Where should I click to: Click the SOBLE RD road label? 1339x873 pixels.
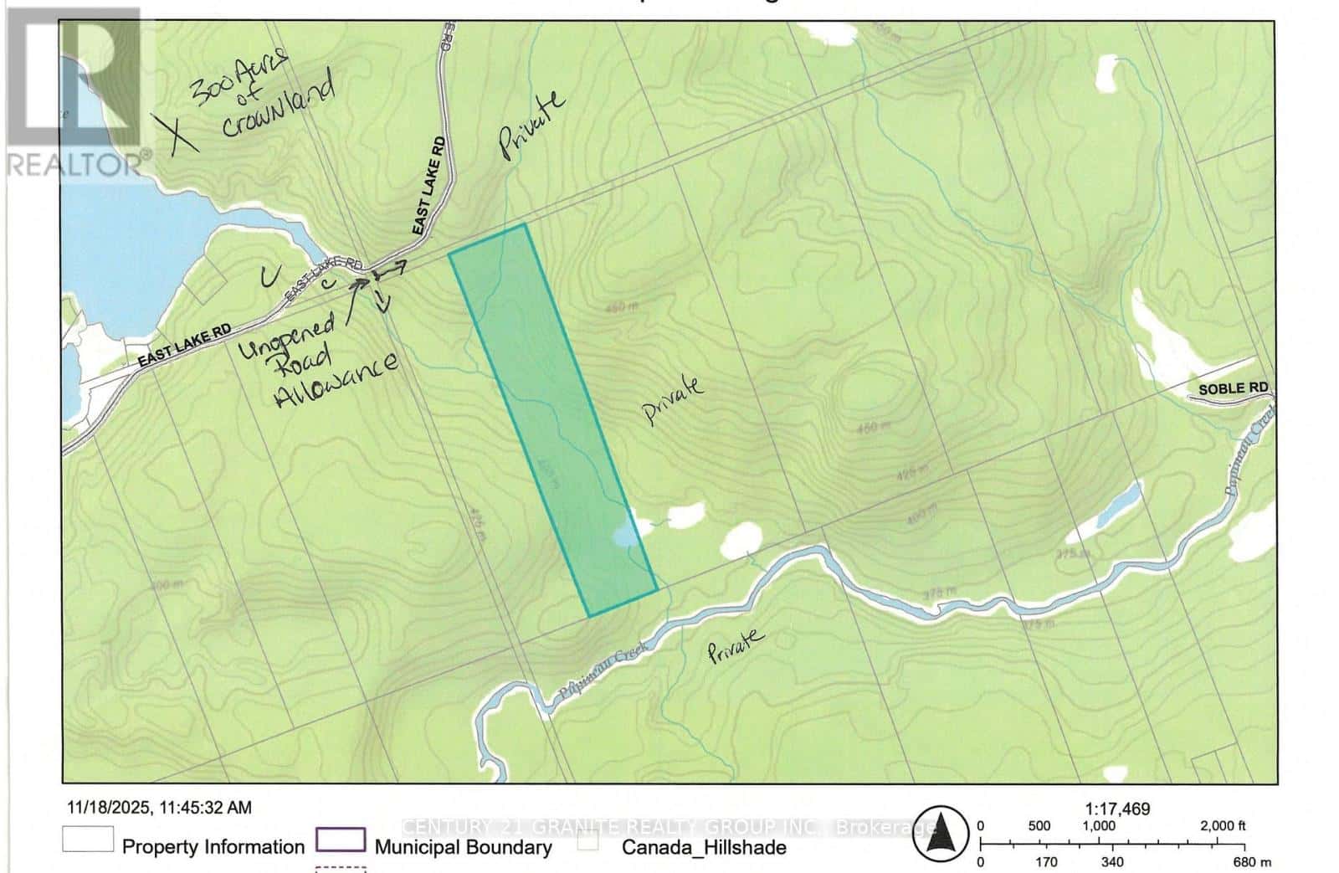coord(1234,389)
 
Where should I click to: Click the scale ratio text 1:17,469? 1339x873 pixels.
coord(1117,809)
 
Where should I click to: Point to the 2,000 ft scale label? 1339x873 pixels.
coord(1223,826)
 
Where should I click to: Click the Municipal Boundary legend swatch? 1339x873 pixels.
coord(340,840)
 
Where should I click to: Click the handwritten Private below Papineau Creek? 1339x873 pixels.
coord(736,646)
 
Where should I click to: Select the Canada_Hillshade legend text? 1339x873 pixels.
coord(703,847)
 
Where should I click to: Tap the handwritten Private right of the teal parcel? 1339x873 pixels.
coord(672,401)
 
